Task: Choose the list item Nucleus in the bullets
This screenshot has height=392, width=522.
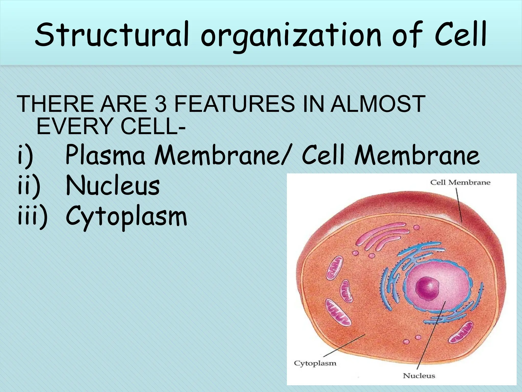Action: (113, 186)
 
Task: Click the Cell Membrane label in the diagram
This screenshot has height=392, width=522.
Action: (460, 182)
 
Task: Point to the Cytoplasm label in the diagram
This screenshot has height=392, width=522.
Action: (315, 363)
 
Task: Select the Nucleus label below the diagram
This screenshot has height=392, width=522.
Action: (419, 376)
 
